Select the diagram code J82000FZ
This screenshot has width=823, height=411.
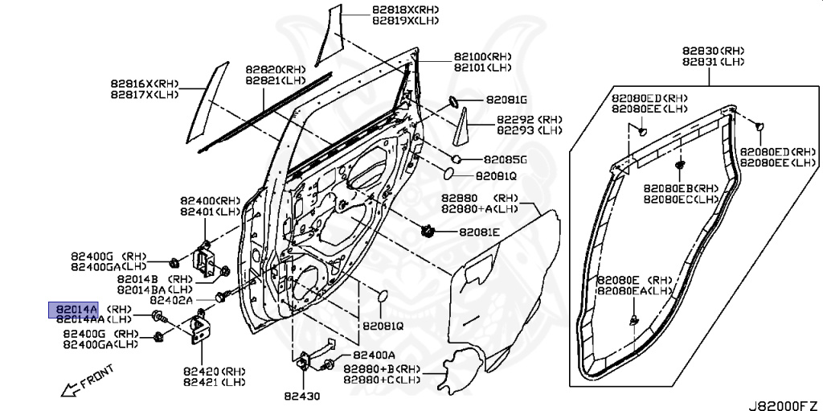pyautogui.click(x=785, y=405)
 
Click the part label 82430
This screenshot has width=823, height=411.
pyautogui.click(x=302, y=396)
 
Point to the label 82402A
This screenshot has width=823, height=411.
pyautogui.click(x=171, y=300)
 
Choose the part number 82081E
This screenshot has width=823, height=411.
pyautogui.click(x=480, y=232)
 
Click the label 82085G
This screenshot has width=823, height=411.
pyautogui.click(x=505, y=159)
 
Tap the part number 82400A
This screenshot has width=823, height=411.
pyautogui.click(x=374, y=355)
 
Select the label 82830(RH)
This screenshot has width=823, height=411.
pyautogui.click(x=714, y=51)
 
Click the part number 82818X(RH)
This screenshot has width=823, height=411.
pyautogui.click(x=406, y=10)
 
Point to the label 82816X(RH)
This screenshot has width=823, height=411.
pyautogui.click(x=145, y=84)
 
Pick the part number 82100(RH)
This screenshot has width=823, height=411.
pyautogui.click(x=483, y=56)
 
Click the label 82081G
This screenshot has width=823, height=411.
pyautogui.click(x=506, y=100)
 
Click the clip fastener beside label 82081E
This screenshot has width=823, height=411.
pyautogui.click(x=429, y=230)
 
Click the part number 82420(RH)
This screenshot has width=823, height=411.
pyautogui.click(x=214, y=371)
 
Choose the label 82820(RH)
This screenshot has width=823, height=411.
pyautogui.click(x=276, y=69)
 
